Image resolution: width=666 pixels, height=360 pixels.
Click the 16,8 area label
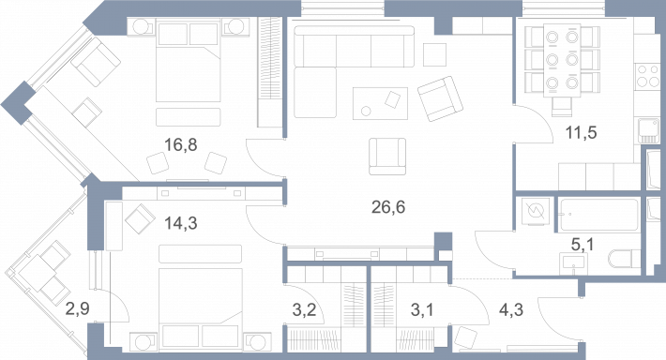[180, 145]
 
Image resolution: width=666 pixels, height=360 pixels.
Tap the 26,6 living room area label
[388, 207]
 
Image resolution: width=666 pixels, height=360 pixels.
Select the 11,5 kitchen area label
[581, 133]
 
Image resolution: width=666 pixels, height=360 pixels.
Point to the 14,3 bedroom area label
[181, 223]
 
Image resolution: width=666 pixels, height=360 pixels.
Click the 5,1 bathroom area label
[583, 245]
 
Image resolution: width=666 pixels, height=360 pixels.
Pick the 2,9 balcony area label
[77, 308]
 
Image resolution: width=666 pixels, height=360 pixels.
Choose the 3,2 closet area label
[304, 310]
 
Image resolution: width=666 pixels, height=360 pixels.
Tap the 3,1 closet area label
[422, 310]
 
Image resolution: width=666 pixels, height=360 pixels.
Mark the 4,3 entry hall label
[511, 310]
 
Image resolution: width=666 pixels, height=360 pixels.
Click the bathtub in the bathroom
[599, 215]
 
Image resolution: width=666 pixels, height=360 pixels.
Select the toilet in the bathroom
[625, 259]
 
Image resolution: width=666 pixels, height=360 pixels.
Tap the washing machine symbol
[535, 211]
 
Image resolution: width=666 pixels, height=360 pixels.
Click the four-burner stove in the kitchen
[647, 76]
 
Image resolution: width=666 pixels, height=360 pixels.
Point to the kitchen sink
[648, 131]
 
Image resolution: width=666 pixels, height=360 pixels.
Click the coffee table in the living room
[380, 103]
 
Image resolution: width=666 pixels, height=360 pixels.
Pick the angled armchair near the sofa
[440, 98]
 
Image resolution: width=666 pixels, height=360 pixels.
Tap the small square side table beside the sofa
[434, 54]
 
